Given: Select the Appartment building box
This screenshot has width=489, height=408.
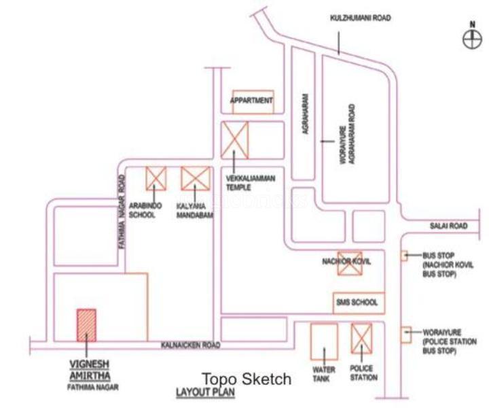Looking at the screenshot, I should [253, 101].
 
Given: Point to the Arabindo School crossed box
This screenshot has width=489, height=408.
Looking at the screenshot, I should [156, 179].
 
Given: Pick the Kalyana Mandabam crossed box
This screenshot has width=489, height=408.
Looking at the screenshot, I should [195, 179].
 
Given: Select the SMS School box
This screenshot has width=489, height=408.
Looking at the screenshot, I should [356, 301].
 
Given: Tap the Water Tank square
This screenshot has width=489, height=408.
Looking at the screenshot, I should [323, 342].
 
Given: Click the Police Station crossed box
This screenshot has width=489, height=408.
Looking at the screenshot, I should [361, 339].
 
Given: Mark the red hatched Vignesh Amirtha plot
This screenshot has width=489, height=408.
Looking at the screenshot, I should [86, 325].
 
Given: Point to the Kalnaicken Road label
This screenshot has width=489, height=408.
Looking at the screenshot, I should [191, 345].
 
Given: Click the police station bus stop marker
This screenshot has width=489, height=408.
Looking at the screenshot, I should [405, 333].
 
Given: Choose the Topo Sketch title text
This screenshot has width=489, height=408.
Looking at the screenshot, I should [247, 379].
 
